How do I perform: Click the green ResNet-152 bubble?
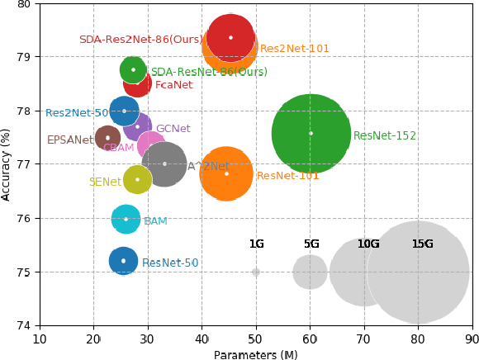pyautogui.click(x=311, y=133)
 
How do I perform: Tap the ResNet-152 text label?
pyautogui.click(x=384, y=136)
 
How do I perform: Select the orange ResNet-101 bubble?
pyautogui.click(x=226, y=173)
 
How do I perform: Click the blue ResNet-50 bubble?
pyautogui.click(x=123, y=261)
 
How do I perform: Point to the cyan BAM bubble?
pyautogui.click(x=126, y=219)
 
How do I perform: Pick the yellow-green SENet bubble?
pyautogui.click(x=137, y=179)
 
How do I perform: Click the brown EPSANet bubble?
pyautogui.click(x=107, y=138)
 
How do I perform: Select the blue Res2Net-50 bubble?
pyautogui.click(x=124, y=111)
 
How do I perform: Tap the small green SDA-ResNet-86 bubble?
pyautogui.click(x=133, y=69)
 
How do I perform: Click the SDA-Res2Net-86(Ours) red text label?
pyautogui.click(x=140, y=40)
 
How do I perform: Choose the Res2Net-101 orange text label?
pyautogui.click(x=295, y=49)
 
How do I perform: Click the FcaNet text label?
pyautogui.click(x=173, y=85)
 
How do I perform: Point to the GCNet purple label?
pyautogui.click(x=173, y=129)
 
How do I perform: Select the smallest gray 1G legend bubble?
pyautogui.click(x=256, y=272)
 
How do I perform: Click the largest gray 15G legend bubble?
pyautogui.click(x=418, y=272)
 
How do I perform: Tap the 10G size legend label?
pyautogui.click(x=368, y=244)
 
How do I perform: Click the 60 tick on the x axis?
pyautogui.click(x=310, y=339)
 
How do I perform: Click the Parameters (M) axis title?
pyautogui.click(x=255, y=354)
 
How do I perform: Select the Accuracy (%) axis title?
pyautogui.click(x=7, y=164)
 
